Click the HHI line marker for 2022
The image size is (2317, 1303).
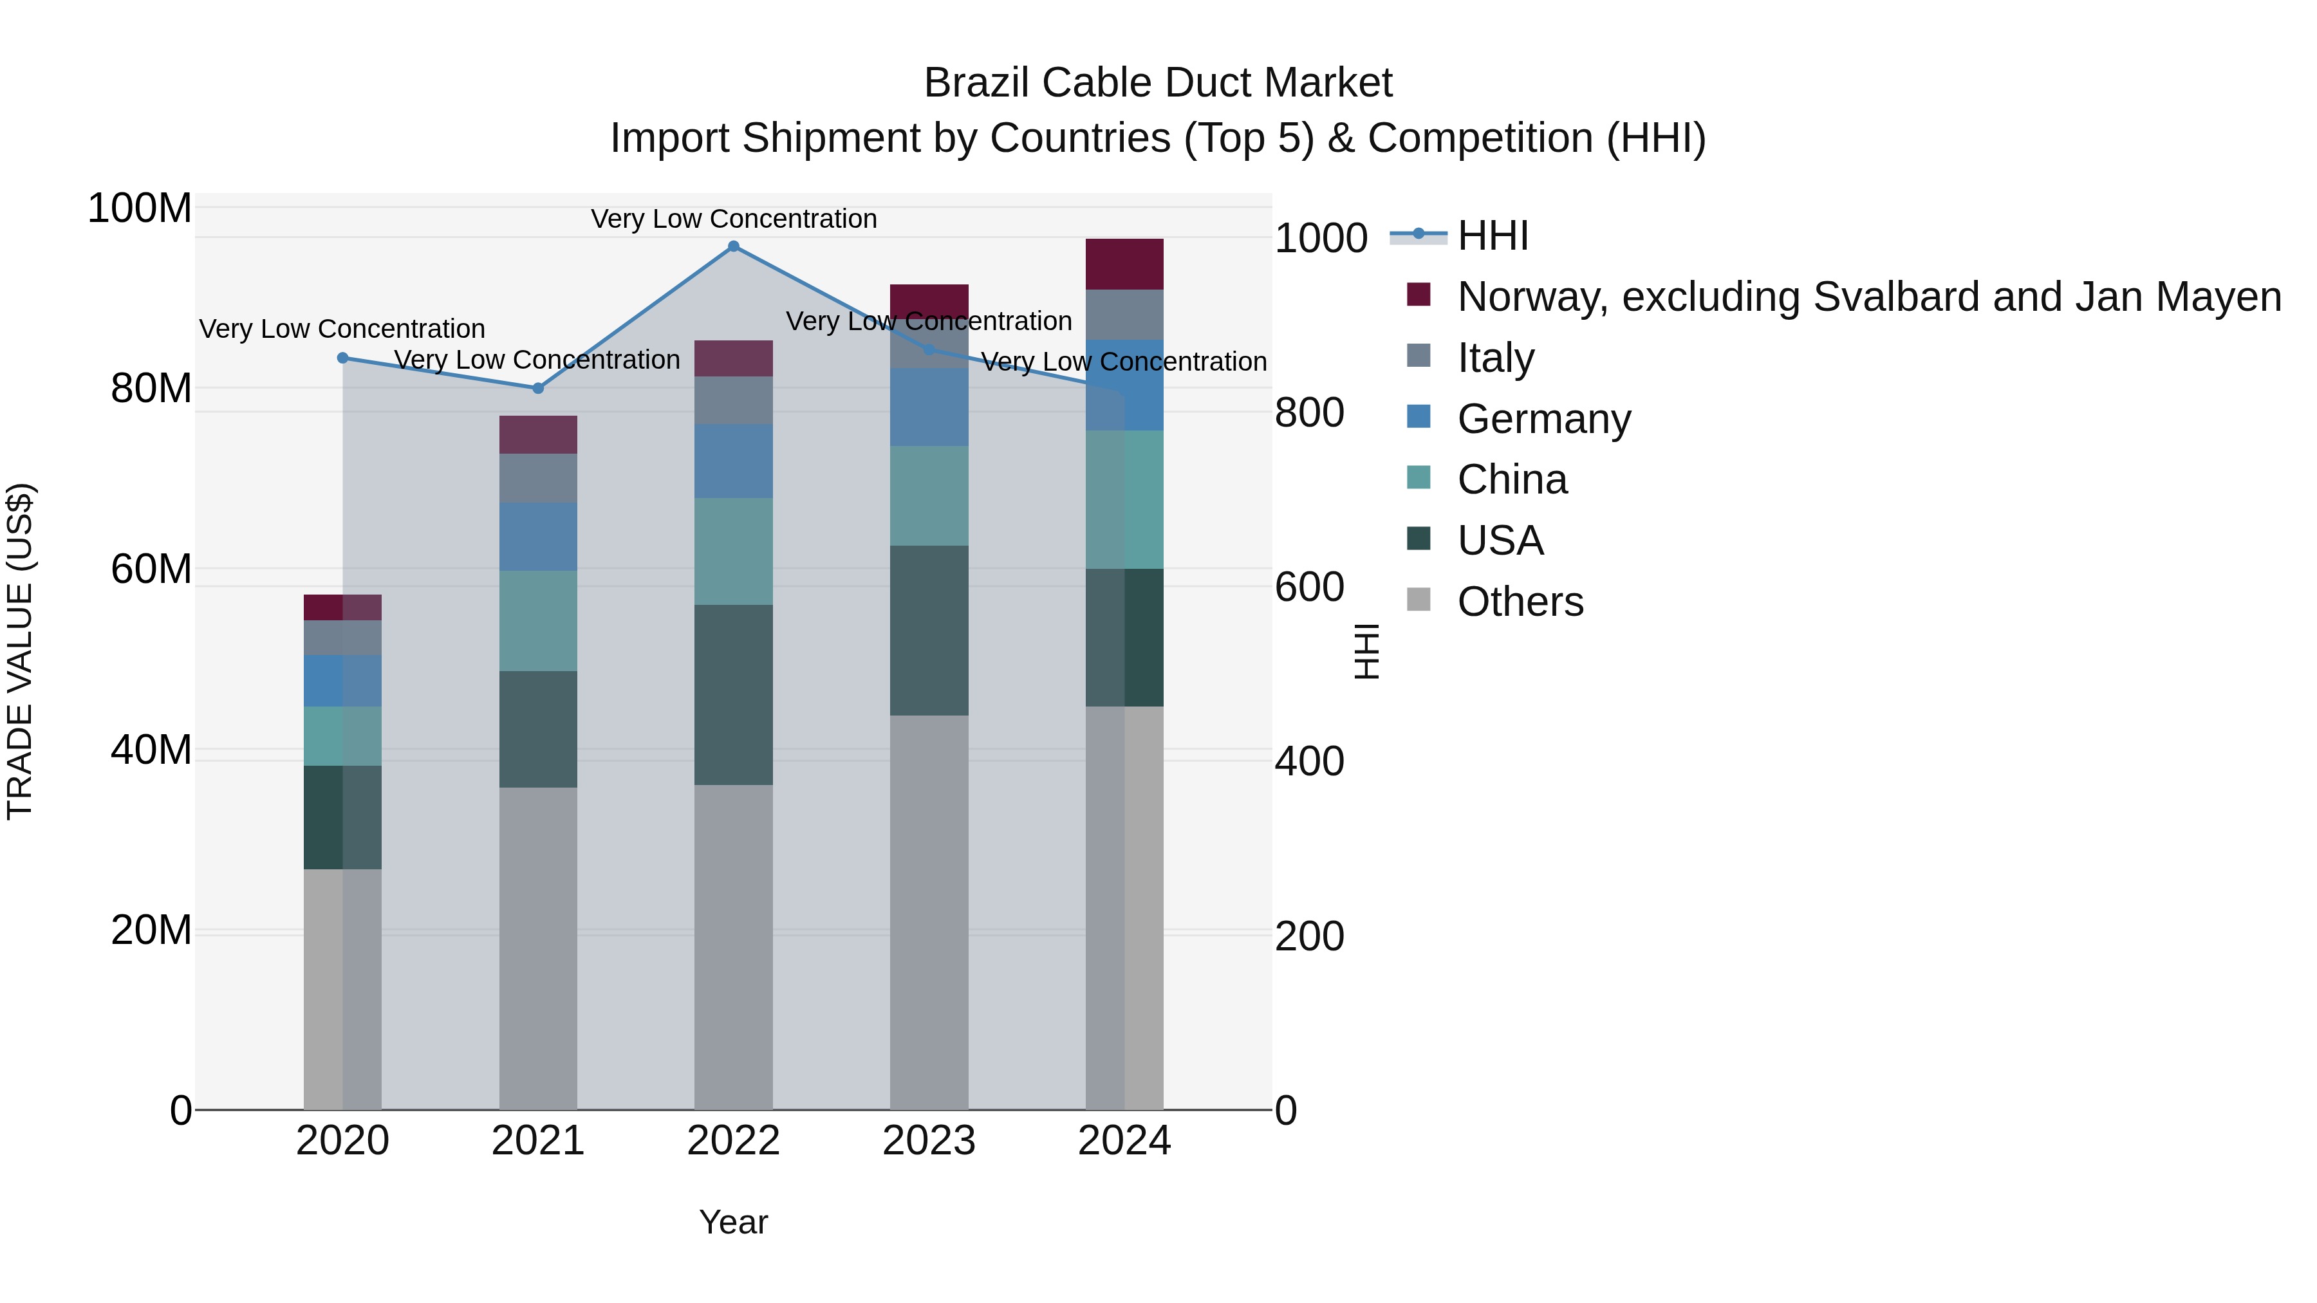point(733,246)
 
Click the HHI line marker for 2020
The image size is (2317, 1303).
point(342,358)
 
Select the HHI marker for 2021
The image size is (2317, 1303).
point(538,389)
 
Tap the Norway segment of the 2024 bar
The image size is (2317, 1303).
point(1124,264)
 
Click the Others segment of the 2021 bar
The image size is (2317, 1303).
point(538,948)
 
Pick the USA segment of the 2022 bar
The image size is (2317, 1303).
point(733,694)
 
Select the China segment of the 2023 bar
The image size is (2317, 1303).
point(929,495)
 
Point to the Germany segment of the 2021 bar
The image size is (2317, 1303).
point(538,536)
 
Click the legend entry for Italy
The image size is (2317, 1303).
point(1495,358)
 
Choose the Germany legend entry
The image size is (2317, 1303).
point(1543,419)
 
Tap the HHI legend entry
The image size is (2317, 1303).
point(1493,236)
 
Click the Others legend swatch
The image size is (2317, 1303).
point(1419,599)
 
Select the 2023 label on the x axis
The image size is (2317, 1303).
point(929,1141)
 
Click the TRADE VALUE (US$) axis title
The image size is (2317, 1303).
point(20,651)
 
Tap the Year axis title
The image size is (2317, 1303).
point(733,1222)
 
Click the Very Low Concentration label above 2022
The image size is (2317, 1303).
point(733,219)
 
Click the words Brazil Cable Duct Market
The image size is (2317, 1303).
point(1158,83)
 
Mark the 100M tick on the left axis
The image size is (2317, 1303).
point(140,208)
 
